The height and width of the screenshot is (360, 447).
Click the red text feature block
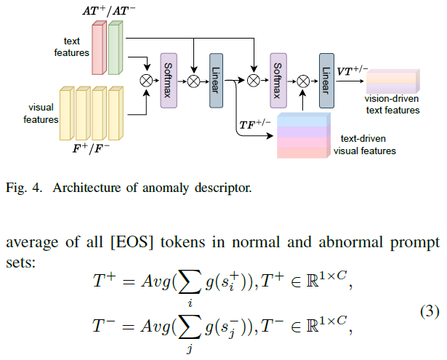click(99, 48)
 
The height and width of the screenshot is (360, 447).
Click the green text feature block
click(115, 48)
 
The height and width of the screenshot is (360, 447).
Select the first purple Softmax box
click(169, 81)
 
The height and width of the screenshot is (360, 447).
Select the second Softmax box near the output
click(278, 81)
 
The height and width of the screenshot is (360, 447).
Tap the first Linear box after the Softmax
click(216, 81)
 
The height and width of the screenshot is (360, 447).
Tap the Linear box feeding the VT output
click(326, 81)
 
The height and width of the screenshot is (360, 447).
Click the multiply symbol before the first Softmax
click(146, 81)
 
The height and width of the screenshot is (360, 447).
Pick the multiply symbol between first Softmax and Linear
click(193, 81)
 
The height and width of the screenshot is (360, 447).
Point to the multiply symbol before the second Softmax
click(254, 81)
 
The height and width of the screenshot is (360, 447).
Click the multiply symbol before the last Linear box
click(303, 81)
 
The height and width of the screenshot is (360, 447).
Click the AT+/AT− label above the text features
click(109, 11)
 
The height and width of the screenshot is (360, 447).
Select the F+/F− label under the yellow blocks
click(92, 148)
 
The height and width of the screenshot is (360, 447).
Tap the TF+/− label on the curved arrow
click(255, 124)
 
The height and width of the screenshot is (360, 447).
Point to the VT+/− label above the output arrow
click(353, 71)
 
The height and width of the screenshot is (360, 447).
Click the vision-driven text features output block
click(392, 81)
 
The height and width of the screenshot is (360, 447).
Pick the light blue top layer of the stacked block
click(304, 121)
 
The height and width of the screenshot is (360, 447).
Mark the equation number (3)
click(430, 311)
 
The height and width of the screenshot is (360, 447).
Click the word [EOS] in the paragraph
click(132, 242)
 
